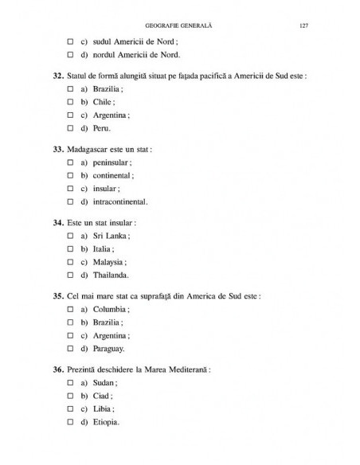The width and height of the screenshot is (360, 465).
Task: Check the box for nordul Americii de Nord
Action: (71, 55)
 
